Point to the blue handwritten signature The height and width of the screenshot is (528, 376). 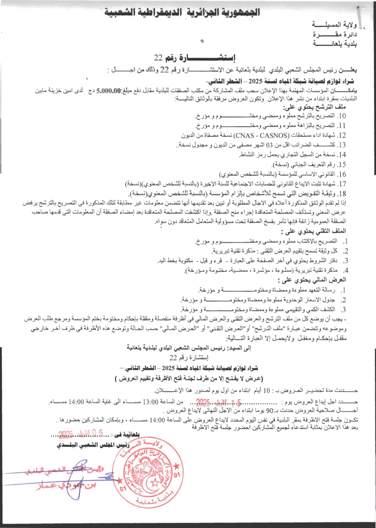point(52,477)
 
